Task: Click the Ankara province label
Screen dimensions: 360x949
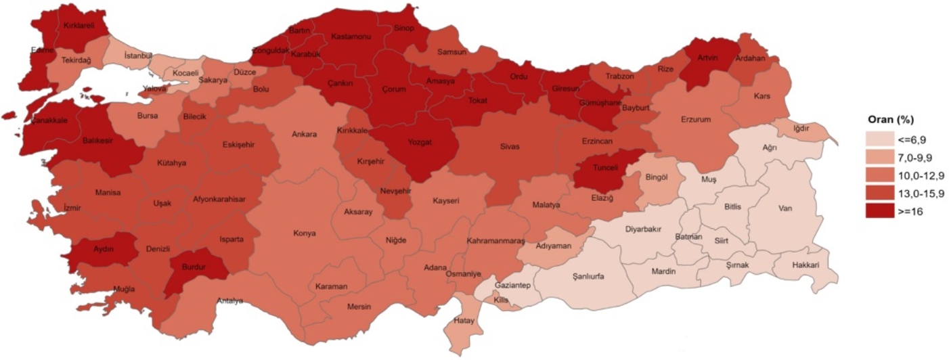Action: point(304,134)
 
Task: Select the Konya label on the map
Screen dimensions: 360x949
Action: point(304,233)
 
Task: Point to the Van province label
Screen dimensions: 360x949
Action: point(785,208)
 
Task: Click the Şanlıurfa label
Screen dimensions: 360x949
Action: point(588,276)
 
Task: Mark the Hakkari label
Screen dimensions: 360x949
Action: point(805,265)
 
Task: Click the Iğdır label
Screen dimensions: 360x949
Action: point(801,129)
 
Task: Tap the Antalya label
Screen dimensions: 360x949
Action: point(229,301)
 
